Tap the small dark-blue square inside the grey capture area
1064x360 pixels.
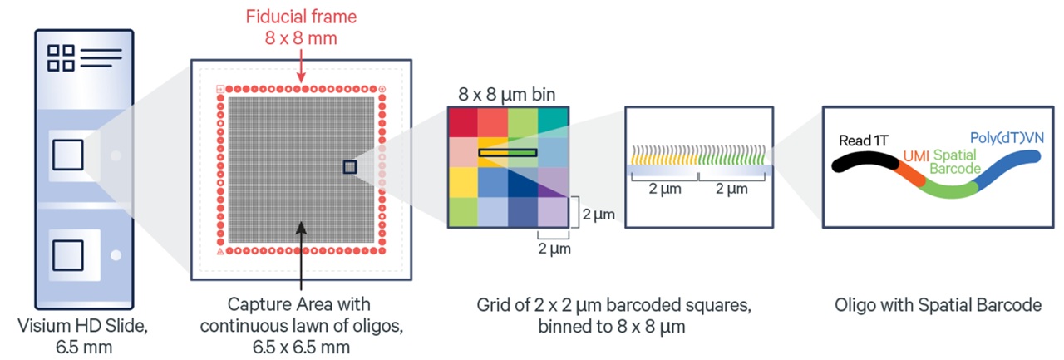350,167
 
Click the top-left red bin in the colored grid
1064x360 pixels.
462,124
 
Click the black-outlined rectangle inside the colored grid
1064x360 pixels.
508,153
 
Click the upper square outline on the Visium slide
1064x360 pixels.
67,155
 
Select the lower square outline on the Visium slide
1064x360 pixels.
67,255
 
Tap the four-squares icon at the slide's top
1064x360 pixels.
60,59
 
